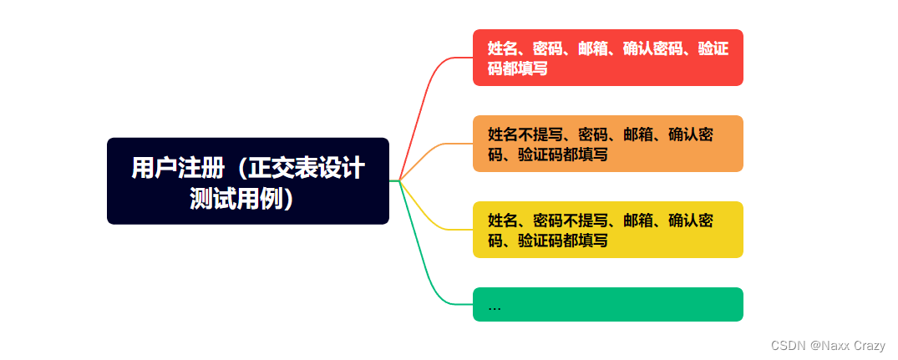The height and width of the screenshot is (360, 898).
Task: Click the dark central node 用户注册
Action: [247, 180]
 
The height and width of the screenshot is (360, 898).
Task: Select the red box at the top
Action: [607, 58]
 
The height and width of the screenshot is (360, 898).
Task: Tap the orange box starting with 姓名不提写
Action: [607, 144]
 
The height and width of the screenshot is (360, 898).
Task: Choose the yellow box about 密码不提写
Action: [607, 230]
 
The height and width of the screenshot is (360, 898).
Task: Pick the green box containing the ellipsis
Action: [607, 305]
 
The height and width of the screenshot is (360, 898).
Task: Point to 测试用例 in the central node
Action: [236, 199]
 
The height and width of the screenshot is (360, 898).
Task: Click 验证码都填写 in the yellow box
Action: [562, 241]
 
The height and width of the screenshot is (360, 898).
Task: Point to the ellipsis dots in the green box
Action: [495, 307]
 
